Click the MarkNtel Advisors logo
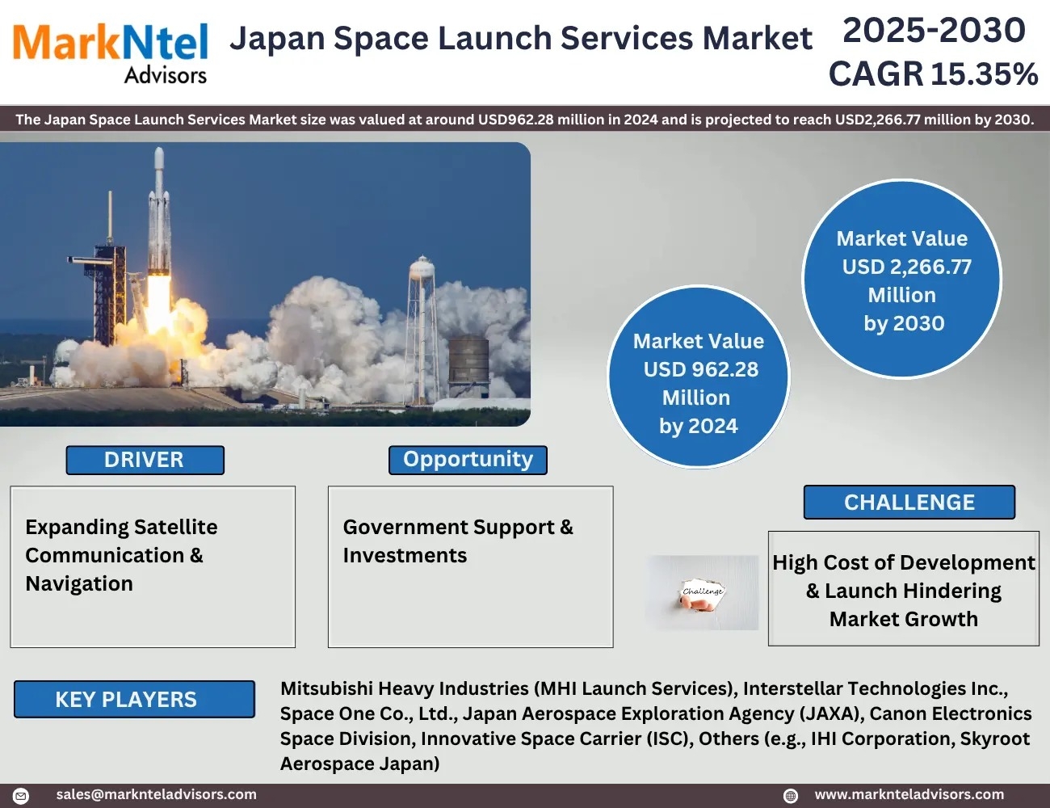coord(110,53)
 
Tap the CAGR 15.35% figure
coord(933,74)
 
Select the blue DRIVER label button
coord(145,460)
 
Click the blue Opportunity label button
coord(468,460)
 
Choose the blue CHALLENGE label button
coord(909,502)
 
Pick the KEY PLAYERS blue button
coord(134,699)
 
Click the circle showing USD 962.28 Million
coord(698,377)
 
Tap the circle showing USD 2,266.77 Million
coord(901,279)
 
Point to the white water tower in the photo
coord(422,329)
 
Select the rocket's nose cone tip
coord(159,149)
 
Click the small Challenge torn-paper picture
coord(702,592)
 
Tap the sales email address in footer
coord(156,794)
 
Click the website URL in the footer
coord(909,794)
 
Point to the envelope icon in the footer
coord(21,795)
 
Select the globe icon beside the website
coord(791,795)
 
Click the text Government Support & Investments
coord(458,541)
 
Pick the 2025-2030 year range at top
coord(934,30)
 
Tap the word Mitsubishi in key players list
coord(326,688)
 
